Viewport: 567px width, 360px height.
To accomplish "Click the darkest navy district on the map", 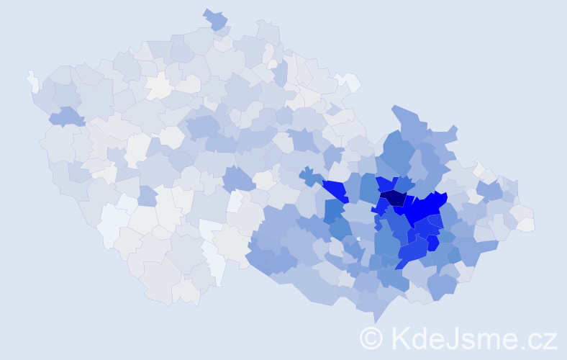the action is pos(393,197).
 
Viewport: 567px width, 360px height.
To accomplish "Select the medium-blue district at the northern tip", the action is pos(216,19).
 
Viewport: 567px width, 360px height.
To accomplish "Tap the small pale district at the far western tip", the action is pos(33,81).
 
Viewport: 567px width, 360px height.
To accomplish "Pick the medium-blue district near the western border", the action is pos(65,116).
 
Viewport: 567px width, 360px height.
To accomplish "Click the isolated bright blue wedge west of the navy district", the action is pos(335,191).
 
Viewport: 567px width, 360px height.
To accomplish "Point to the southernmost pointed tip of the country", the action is pos(374,320).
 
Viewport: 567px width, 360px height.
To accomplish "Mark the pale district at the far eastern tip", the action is pos(526,225).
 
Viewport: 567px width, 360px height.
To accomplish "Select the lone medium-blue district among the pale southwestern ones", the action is pos(147,195).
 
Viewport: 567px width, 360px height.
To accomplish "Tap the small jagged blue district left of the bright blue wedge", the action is pos(311,176).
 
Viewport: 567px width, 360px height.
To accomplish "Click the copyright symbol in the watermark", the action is pos(371,337).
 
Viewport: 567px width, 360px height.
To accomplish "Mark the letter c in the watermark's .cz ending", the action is pos(536,339).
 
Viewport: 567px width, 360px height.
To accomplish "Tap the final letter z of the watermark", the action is pos(551,339).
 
